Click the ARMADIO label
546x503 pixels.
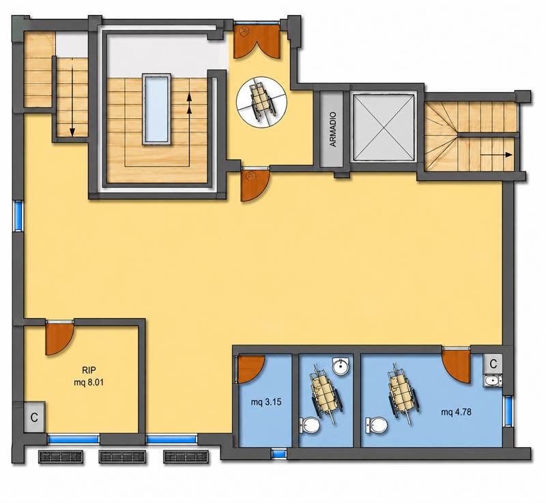333,129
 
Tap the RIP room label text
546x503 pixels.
89,370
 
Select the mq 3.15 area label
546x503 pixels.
266,403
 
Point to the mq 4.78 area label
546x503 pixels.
456,412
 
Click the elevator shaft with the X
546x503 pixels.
384,127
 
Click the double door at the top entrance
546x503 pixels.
257,42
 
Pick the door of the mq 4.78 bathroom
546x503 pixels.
456,366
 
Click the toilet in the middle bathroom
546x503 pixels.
310,425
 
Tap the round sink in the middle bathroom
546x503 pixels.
341,367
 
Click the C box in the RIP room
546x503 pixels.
34,418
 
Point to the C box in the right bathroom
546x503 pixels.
493,364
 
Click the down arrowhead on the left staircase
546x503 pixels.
72,132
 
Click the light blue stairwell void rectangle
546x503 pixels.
157,109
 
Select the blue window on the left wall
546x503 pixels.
18,216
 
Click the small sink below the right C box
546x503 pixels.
492,380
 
